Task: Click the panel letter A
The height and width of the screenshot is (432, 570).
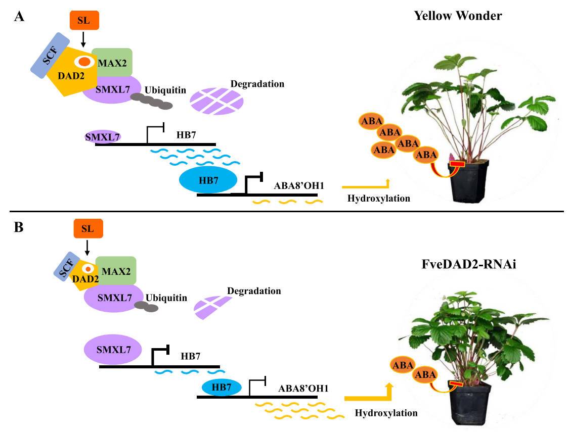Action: (x=19, y=16)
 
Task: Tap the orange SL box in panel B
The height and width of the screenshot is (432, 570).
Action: (x=87, y=228)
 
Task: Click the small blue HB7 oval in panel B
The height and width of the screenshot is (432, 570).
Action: (x=222, y=387)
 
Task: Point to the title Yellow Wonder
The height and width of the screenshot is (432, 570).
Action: (x=458, y=16)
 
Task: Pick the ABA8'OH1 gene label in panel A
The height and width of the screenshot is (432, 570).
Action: (x=300, y=185)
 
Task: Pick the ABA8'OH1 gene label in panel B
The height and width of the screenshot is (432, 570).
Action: (x=303, y=389)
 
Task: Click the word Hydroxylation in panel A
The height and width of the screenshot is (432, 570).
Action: (x=379, y=198)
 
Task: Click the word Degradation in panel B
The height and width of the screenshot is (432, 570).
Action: (x=254, y=291)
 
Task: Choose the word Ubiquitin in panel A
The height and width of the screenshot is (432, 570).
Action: (x=165, y=90)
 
